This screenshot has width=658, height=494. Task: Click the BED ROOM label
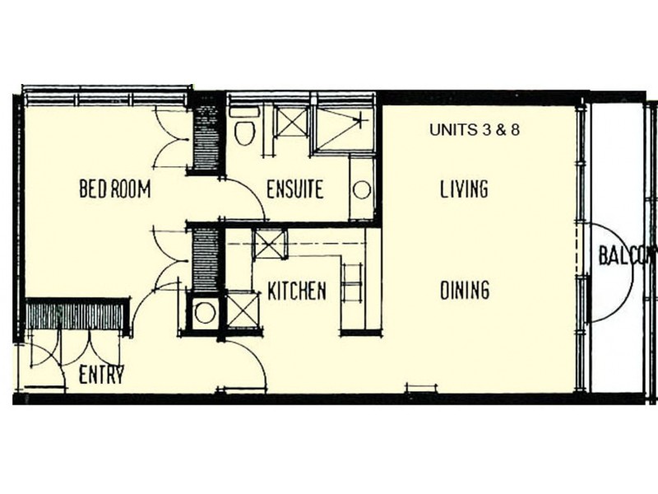114,189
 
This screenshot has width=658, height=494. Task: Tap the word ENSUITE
294,189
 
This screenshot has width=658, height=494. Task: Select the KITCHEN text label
297,291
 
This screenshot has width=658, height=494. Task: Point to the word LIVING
464,189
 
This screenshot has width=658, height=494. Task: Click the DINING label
465,290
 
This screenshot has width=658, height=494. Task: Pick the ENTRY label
101,376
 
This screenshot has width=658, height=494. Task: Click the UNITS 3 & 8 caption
475,130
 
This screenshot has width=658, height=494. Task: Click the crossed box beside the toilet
290,123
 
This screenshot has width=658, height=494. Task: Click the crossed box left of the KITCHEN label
243,310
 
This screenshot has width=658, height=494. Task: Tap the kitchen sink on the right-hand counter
351,283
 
